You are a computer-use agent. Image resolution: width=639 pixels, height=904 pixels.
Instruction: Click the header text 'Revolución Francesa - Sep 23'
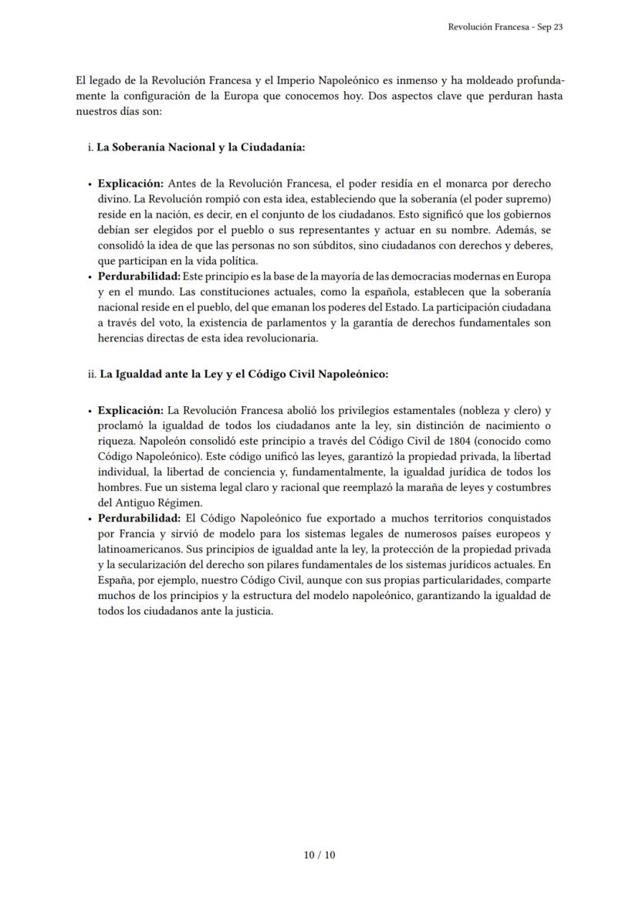[505, 27]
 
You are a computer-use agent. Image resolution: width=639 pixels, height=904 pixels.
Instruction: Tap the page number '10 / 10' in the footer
[319, 855]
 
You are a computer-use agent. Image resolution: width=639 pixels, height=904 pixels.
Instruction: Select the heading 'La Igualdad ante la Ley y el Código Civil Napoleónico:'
[244, 374]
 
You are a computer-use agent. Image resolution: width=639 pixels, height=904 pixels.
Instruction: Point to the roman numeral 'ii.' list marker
[92, 374]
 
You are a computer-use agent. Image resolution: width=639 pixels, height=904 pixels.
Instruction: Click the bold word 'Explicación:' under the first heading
[130, 184]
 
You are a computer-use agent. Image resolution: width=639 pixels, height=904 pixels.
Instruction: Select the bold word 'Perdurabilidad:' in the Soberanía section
[139, 276]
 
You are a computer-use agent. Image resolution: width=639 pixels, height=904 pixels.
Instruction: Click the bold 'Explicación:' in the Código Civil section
[130, 411]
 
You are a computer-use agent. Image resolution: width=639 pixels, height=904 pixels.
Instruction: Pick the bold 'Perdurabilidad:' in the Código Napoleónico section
[140, 518]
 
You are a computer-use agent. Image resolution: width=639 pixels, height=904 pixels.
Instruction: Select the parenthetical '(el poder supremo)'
[505, 199]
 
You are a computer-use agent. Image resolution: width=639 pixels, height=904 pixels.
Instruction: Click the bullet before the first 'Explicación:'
[90, 185]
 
